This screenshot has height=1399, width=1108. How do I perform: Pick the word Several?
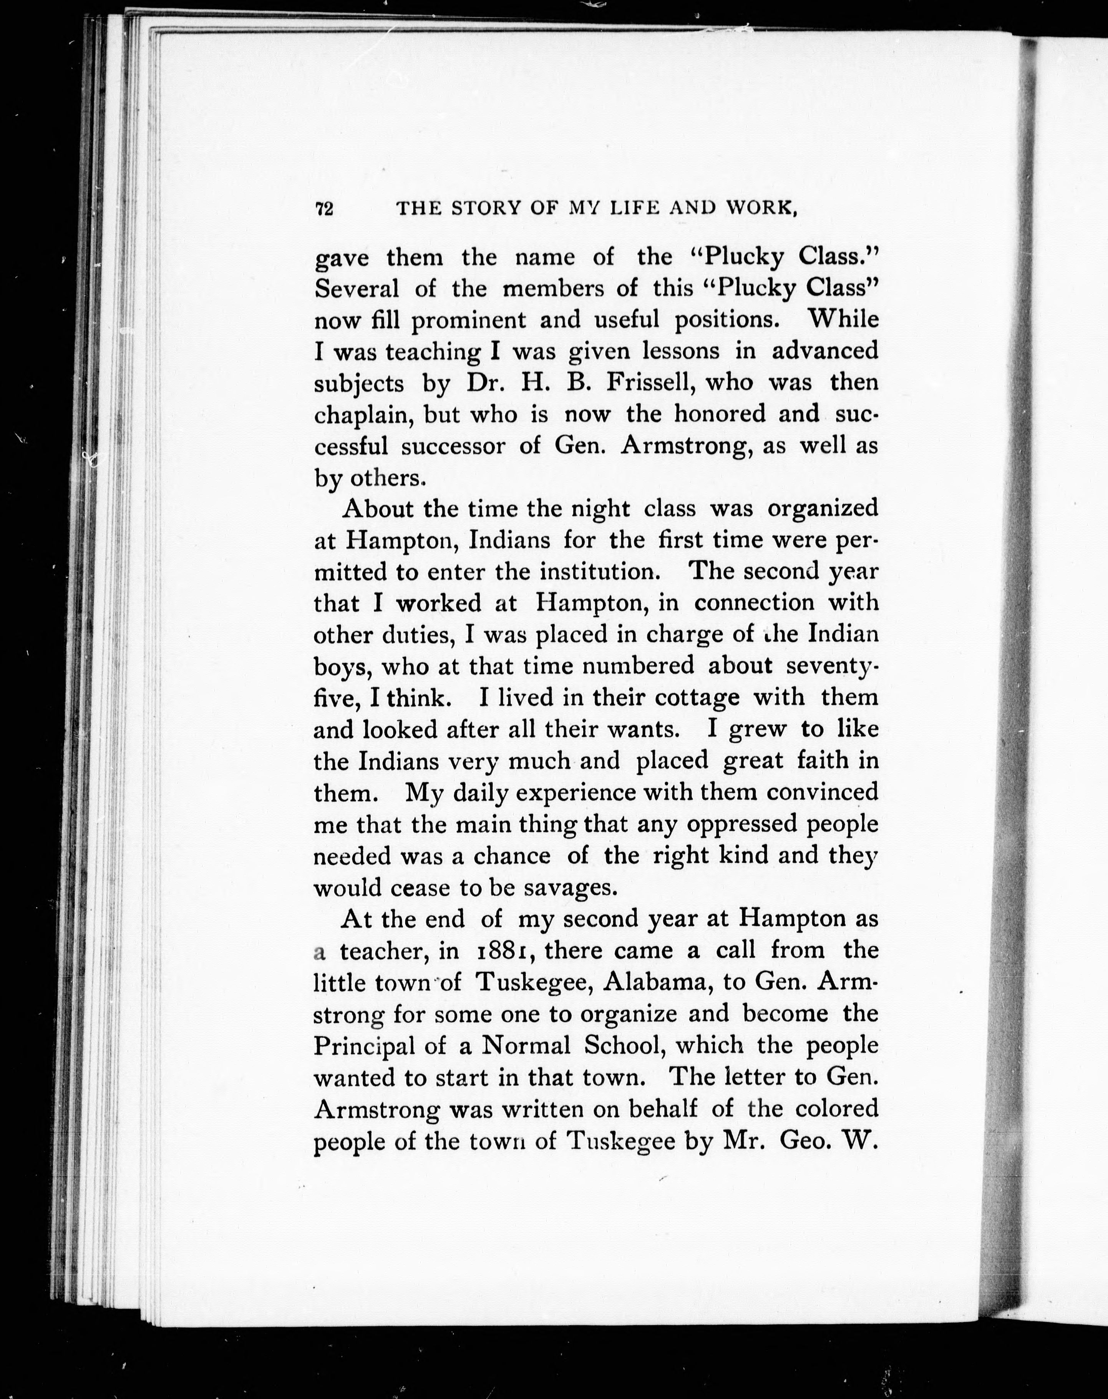pyautogui.click(x=356, y=288)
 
